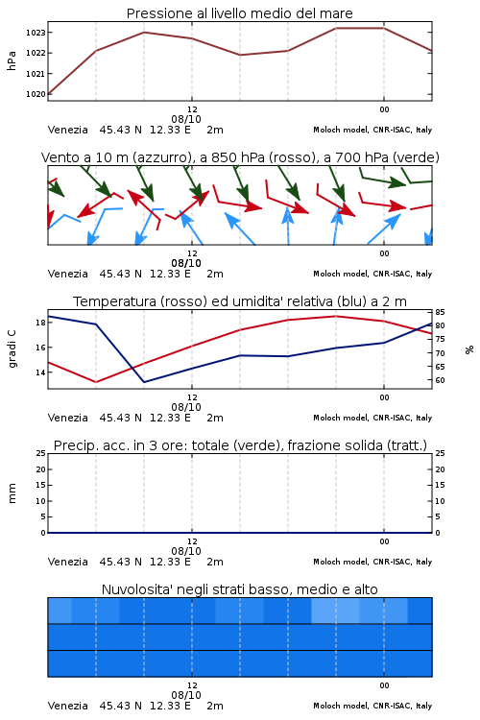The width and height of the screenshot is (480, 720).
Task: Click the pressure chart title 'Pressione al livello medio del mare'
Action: click(x=239, y=13)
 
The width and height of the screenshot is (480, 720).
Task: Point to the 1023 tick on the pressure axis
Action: click(x=36, y=33)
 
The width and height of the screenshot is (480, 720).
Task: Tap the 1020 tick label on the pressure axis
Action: click(x=36, y=94)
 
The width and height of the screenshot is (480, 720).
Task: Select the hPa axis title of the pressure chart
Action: click(x=12, y=60)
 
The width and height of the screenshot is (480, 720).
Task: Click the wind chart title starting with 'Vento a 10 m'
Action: click(x=240, y=157)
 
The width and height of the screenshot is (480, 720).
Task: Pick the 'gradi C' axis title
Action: click(x=12, y=348)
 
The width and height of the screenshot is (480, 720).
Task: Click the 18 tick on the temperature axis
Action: click(x=40, y=323)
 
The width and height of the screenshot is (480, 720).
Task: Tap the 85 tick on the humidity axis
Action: click(x=440, y=312)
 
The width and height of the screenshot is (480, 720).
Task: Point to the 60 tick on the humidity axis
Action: click(x=440, y=380)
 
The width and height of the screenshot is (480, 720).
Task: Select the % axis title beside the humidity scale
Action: click(x=469, y=349)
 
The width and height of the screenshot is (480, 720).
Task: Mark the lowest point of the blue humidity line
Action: click(x=144, y=382)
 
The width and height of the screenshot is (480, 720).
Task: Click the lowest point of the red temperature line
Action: click(x=96, y=382)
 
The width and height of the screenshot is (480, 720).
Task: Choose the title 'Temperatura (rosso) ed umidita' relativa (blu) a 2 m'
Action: click(x=240, y=301)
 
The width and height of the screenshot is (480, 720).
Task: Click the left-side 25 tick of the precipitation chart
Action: click(x=40, y=453)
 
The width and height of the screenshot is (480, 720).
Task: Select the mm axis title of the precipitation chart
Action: click(x=12, y=493)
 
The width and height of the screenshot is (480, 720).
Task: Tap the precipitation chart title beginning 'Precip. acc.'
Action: click(x=240, y=445)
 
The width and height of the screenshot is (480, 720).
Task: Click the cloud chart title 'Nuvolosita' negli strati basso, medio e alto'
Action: click(x=240, y=589)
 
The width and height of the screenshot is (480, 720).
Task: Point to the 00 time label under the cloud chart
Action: click(x=384, y=685)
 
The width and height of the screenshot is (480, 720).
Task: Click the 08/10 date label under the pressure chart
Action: click(x=186, y=119)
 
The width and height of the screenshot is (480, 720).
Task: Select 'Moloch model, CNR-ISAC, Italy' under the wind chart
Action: click(x=372, y=274)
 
